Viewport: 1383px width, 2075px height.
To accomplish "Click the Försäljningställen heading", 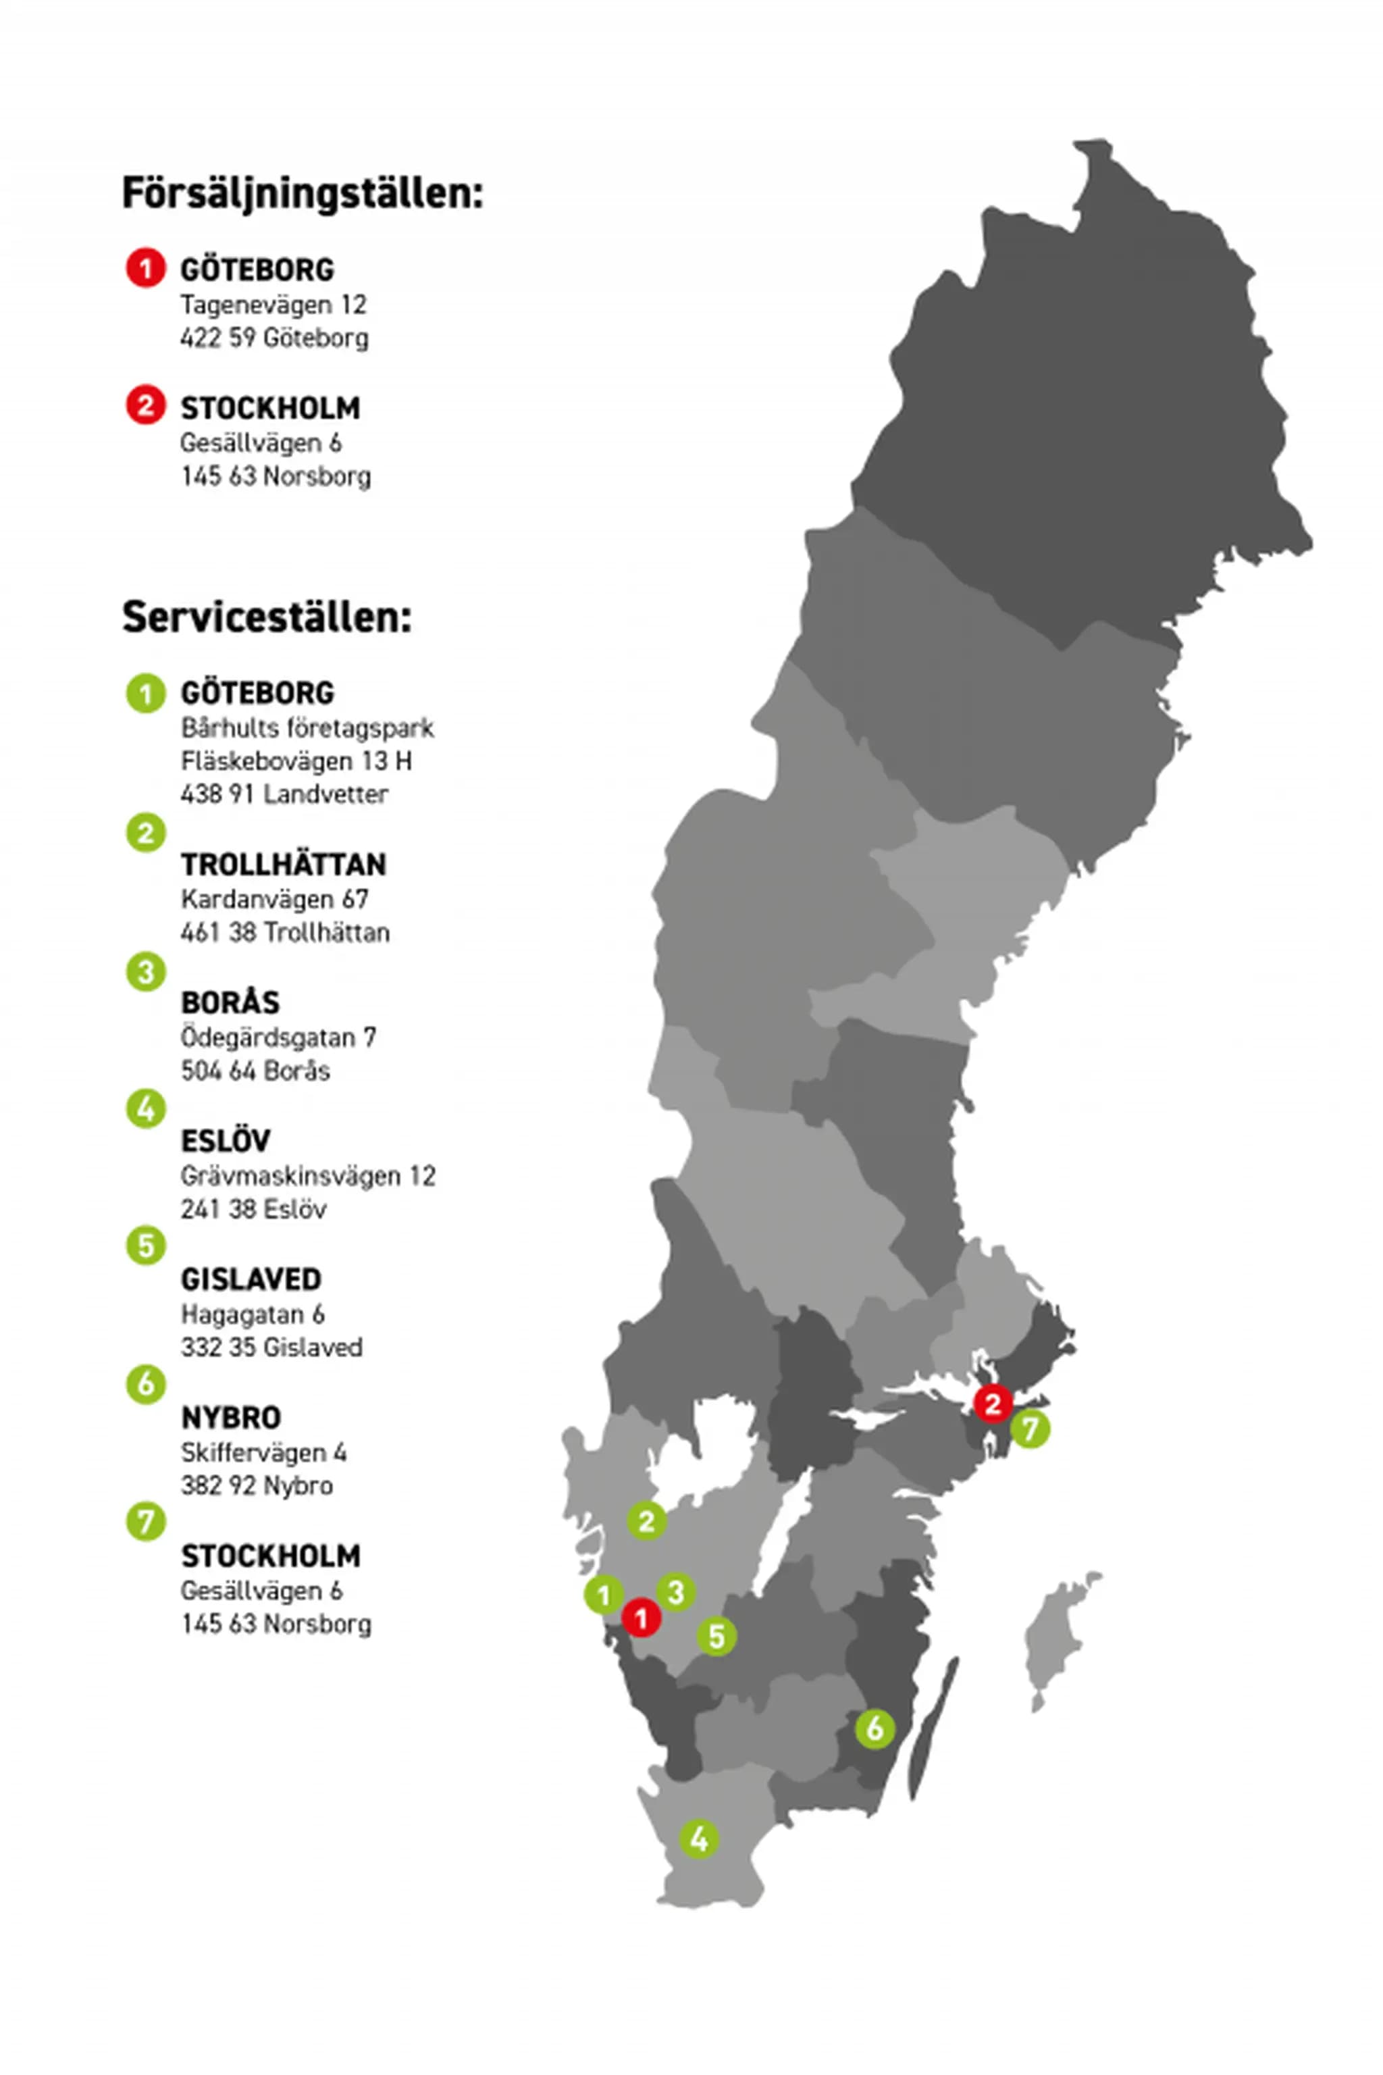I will tap(303, 193).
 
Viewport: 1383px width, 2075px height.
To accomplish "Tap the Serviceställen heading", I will tap(266, 617).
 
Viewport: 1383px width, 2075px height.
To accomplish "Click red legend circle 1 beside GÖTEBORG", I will tap(146, 268).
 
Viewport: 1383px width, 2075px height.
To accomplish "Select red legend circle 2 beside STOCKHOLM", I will tap(146, 406).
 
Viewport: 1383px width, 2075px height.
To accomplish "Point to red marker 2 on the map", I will tap(992, 1403).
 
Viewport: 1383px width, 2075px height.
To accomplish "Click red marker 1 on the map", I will tap(642, 1618).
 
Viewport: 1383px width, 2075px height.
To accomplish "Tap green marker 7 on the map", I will tap(1029, 1429).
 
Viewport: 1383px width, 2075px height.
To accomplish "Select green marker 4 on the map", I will tap(698, 1839).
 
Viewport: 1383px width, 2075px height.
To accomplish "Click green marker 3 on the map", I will tap(675, 1593).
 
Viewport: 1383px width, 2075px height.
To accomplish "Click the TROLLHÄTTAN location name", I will tap(283, 865).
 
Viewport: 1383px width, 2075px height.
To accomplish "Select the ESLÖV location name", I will tap(225, 1141).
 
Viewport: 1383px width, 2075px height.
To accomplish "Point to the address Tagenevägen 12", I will tap(273, 305).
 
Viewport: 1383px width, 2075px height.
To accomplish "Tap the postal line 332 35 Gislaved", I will tap(271, 1347).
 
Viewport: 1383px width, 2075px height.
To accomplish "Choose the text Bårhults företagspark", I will tap(307, 728).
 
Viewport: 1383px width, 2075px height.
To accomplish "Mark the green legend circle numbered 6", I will tap(146, 1383).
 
